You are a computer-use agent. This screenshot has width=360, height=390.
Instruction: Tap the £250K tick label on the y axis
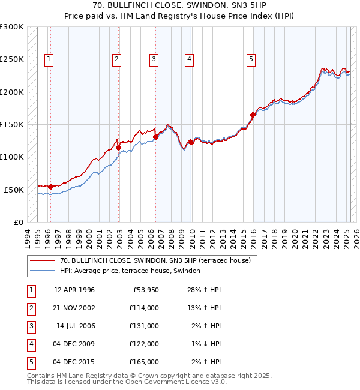pyautogui.click(x=12, y=59)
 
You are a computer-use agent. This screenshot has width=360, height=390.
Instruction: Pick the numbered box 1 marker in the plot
pyautogui.click(x=48, y=59)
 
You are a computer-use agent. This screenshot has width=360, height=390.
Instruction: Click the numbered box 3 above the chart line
pyautogui.click(x=154, y=59)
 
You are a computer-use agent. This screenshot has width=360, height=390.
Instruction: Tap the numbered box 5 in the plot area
pyautogui.click(x=250, y=59)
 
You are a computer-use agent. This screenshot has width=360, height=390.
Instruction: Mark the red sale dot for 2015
pyautogui.click(x=253, y=115)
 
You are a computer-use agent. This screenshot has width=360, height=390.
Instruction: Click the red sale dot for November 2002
pyautogui.click(x=119, y=148)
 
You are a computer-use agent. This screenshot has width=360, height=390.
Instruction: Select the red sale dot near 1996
pyautogui.click(x=50, y=187)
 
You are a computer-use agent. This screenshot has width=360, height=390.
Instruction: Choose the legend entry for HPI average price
pyautogui.click(x=133, y=271)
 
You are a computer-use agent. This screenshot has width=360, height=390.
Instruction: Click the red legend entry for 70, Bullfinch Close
pyautogui.click(x=158, y=260)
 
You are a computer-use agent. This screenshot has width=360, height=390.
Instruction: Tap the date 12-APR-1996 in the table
pyautogui.click(x=74, y=290)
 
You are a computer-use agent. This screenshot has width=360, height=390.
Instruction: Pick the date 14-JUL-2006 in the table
pyautogui.click(x=76, y=326)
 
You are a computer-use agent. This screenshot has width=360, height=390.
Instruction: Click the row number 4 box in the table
pyautogui.click(x=30, y=344)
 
